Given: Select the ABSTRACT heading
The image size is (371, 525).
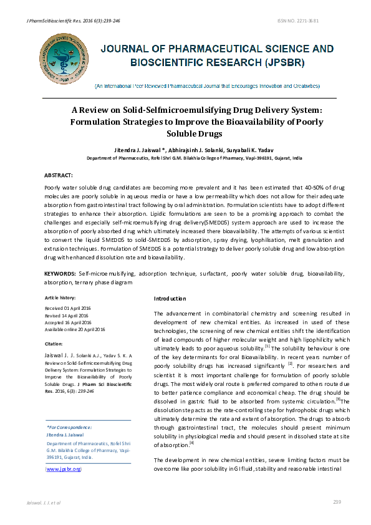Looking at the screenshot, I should [59, 176].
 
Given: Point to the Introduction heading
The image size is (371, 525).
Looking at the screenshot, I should [170, 299].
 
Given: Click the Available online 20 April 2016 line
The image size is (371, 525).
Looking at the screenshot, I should [75, 329].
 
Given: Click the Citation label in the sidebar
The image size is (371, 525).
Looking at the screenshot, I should [54, 344].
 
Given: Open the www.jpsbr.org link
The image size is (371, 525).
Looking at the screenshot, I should [64, 468].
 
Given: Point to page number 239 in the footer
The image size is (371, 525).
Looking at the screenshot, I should [337, 502].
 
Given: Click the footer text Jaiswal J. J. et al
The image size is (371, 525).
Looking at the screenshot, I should [41, 502].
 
